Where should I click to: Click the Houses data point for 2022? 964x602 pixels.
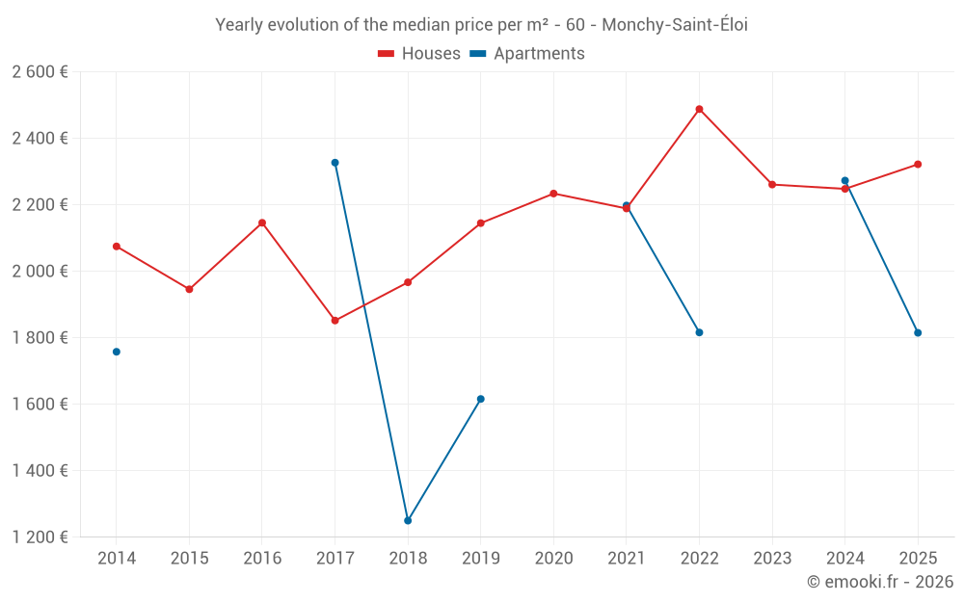click(699, 109)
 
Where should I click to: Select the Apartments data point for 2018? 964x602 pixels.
click(408, 520)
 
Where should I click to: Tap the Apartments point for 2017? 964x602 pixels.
click(335, 163)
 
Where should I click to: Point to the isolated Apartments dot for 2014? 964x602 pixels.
click(117, 352)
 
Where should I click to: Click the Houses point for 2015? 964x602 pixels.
click(189, 289)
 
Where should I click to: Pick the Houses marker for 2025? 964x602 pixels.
click(918, 165)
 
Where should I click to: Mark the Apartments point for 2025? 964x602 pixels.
click(918, 332)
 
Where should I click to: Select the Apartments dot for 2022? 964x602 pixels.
click(699, 332)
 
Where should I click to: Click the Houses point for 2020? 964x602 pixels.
click(553, 194)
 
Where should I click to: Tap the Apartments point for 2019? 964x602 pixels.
click(480, 399)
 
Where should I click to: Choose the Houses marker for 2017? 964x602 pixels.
click(335, 321)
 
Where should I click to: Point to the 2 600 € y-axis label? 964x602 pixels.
click(40, 72)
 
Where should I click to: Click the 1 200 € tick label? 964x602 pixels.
click(40, 537)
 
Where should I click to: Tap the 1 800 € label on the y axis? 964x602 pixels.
click(40, 338)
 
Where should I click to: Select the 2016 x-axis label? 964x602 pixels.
click(262, 559)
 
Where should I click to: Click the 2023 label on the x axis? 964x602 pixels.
click(772, 559)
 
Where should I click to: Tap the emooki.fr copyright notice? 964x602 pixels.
click(879, 582)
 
